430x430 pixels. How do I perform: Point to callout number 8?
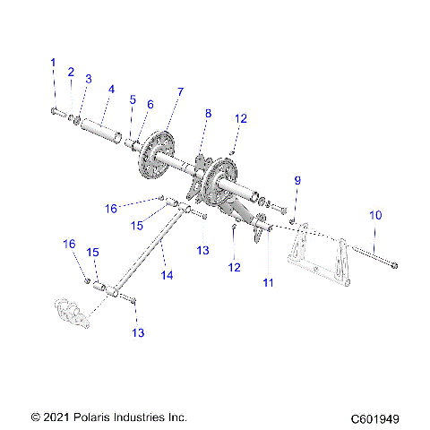tap(209, 114)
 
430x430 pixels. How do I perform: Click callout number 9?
tap(297, 181)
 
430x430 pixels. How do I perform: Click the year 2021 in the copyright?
tap(56, 417)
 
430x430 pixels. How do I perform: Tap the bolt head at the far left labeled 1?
tap(53, 112)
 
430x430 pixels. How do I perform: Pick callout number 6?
tap(150, 105)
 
